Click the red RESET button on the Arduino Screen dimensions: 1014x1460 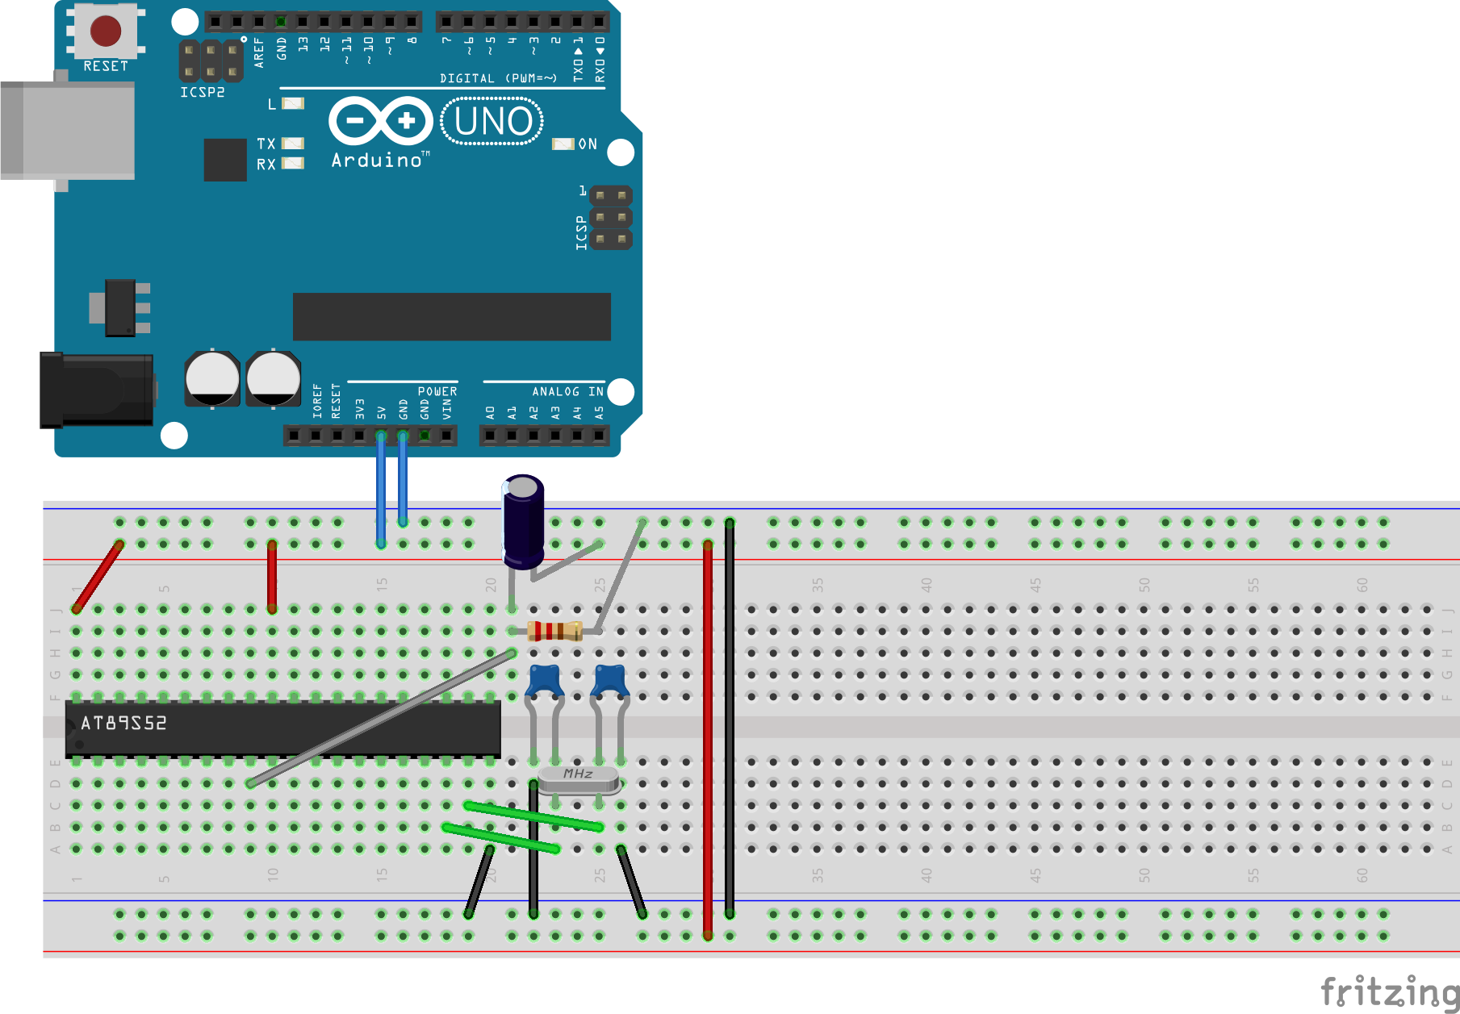(106, 31)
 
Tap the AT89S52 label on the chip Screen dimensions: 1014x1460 (123, 723)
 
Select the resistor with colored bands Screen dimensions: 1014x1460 (554, 631)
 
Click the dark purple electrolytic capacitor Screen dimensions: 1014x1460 (524, 523)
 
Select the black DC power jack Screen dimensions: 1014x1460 (97, 390)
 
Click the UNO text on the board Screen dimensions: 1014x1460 (493, 122)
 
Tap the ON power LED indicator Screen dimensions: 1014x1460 (563, 144)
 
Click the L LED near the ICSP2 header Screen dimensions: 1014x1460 (293, 103)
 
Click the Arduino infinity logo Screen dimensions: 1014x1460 (381, 122)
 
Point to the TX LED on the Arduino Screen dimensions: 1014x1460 (293, 143)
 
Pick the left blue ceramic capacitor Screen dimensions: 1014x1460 (545, 681)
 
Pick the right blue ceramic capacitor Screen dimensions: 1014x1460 (610, 681)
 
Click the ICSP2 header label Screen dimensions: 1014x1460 (202, 93)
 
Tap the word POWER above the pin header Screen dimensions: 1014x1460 (437, 391)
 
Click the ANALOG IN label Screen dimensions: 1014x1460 (567, 391)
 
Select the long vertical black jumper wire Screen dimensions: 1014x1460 (730, 718)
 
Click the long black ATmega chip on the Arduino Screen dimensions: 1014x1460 (451, 316)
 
